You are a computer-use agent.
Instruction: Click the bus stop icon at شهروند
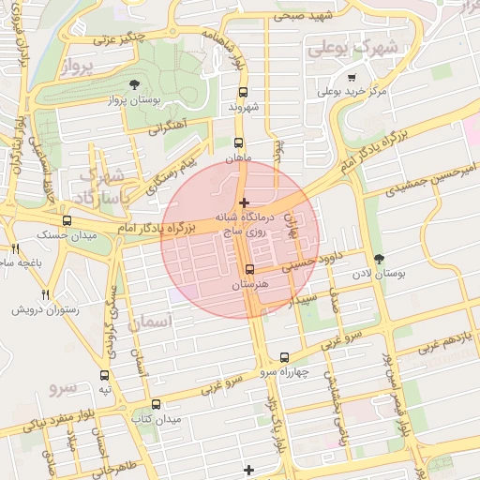tap(244, 92)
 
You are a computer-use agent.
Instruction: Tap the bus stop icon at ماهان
tap(238, 143)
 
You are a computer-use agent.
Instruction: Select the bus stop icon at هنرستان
tap(248, 268)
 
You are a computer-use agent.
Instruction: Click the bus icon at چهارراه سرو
tap(285, 357)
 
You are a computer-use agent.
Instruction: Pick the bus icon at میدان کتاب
tap(156, 404)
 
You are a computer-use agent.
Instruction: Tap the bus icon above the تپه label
tap(105, 374)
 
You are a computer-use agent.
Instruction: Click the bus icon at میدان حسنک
tap(65, 219)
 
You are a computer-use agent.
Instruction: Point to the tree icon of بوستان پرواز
tap(137, 83)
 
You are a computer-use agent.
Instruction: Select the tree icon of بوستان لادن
tap(379, 259)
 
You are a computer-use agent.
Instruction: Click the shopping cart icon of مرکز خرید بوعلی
tap(351, 78)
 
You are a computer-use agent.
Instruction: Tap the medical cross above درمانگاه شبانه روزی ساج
tap(245, 202)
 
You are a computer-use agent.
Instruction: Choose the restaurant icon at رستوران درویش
tap(45, 295)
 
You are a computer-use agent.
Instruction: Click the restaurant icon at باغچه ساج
tap(15, 248)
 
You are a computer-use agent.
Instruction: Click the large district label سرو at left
tap(64, 385)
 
